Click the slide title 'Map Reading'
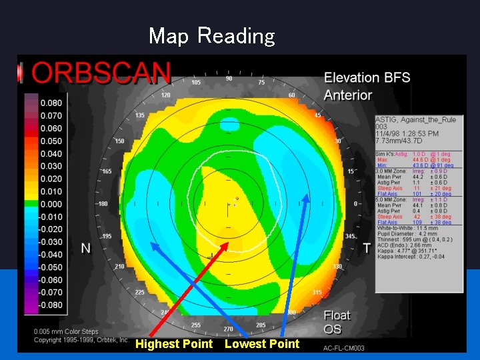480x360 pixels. (x=211, y=35)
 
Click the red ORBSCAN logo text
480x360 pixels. (x=102, y=72)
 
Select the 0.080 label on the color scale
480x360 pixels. (x=51, y=103)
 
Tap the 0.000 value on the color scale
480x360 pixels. (x=51, y=204)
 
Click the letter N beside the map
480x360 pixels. (x=86, y=248)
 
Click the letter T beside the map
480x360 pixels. (x=366, y=248)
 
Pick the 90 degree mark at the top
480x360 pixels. (x=229, y=79)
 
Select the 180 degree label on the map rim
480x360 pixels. (x=102, y=204)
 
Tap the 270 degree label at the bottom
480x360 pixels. (x=228, y=329)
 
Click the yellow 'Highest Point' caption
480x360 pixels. (x=173, y=344)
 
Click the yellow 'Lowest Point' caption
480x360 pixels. (x=262, y=344)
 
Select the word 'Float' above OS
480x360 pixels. (x=337, y=315)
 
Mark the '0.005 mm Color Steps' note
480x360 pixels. (x=65, y=331)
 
